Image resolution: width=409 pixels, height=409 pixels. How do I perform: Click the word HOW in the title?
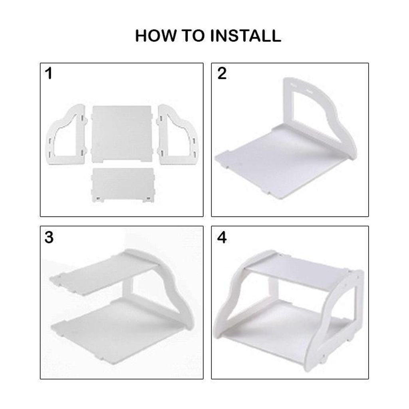[x=156, y=36]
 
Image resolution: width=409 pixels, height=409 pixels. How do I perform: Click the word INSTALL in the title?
[x=246, y=36]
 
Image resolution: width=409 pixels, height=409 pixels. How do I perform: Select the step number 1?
[x=48, y=73]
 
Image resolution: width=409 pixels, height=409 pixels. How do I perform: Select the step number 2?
[x=222, y=73]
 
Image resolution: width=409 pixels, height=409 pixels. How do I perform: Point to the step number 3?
[x=49, y=237]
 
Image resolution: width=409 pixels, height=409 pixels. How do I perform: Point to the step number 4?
[x=222, y=237]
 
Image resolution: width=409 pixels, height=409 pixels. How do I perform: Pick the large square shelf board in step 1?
[x=121, y=134]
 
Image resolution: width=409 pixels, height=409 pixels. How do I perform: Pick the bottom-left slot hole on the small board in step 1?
[x=98, y=199]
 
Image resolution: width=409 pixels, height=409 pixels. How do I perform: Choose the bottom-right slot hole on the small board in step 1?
[x=148, y=199]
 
